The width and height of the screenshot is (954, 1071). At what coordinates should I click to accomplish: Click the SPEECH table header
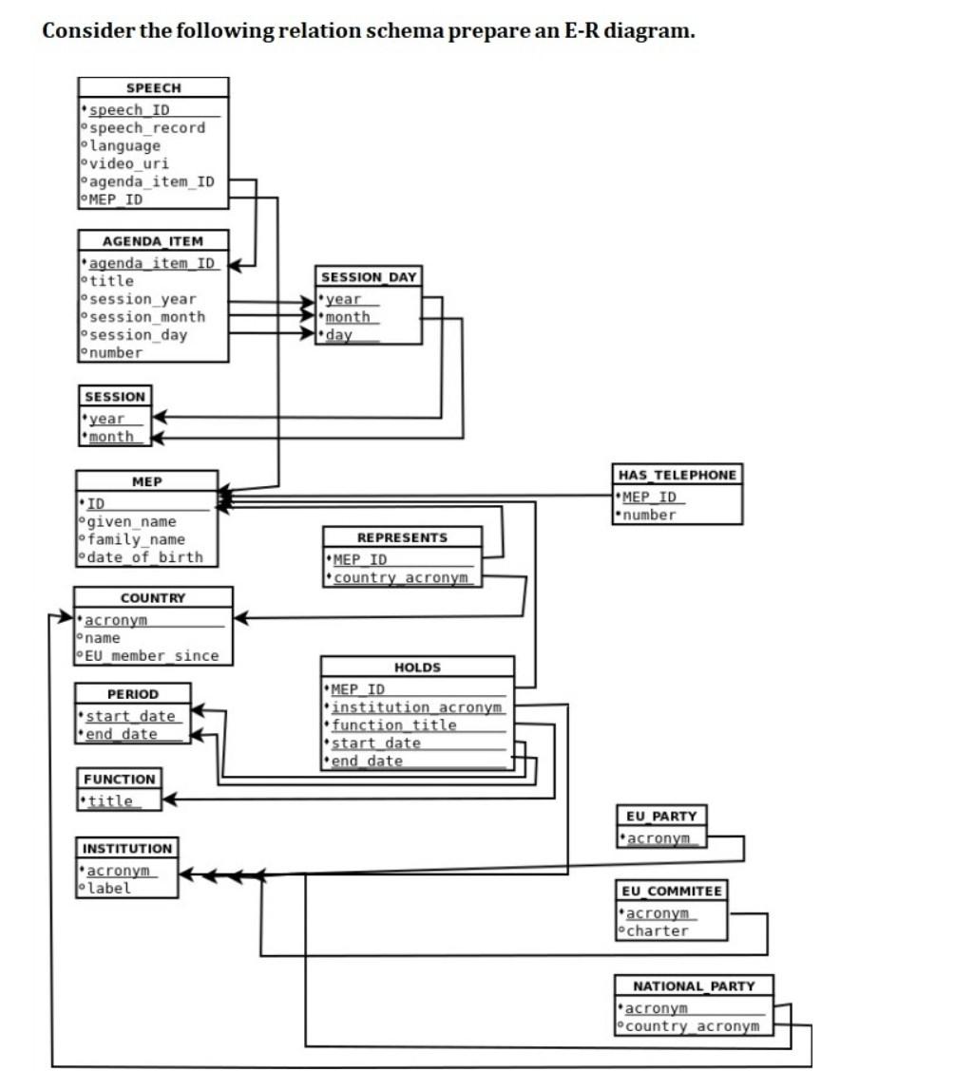point(153,87)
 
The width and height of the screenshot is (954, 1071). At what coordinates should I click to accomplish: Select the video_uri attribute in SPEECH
point(128,163)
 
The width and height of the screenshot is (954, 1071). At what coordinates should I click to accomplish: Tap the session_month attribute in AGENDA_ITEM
point(146,317)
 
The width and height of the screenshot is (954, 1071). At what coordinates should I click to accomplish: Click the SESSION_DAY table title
point(369,277)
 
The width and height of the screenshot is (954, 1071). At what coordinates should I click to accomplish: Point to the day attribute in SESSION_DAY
point(339,335)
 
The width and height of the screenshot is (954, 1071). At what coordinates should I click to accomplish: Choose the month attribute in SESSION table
point(111,437)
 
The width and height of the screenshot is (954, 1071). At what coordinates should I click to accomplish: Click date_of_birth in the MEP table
point(144,557)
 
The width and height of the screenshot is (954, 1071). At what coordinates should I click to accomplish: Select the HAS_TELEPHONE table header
point(677,475)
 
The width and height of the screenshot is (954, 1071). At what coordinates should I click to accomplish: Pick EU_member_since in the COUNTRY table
point(151,656)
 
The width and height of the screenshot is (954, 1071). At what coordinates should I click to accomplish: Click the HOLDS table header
point(417,667)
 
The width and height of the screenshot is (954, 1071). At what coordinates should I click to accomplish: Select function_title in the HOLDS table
point(393,725)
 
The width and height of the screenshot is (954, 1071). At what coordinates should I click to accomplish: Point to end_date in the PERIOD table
point(121,734)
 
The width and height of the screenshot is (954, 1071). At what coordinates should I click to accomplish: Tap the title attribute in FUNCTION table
point(110,801)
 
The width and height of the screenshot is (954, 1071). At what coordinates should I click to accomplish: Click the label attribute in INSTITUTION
point(109,889)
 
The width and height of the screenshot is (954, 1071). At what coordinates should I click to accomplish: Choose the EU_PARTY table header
point(660,816)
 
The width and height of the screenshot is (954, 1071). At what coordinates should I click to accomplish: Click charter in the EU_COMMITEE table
point(658,931)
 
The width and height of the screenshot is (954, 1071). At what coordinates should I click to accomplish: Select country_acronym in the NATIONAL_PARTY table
point(693,1026)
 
